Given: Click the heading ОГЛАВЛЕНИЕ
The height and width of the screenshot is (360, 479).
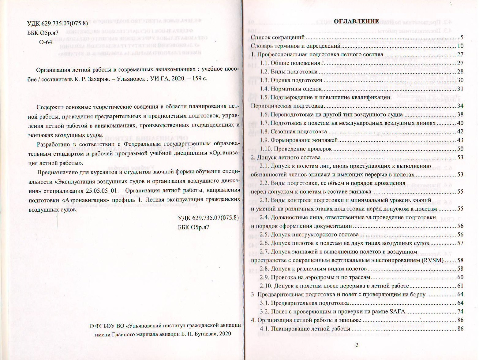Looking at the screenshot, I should point(356,21).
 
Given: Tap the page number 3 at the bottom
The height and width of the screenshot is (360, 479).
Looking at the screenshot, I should point(357,345).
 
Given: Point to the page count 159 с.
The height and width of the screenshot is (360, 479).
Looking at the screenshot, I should point(197,78).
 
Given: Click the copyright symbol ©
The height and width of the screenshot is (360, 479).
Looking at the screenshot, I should point(91,326).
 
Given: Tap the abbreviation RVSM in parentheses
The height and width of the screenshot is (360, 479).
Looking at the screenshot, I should point(432,260).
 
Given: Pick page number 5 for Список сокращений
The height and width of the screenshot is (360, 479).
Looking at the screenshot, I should point(462,37).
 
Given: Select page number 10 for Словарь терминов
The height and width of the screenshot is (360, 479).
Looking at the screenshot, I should point(460,46).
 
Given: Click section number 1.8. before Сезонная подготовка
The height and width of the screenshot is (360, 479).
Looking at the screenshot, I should point(264,132).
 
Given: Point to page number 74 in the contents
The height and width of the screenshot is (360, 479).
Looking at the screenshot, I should point(460,312).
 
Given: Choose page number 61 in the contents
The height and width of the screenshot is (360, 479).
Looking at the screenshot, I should point(460,286).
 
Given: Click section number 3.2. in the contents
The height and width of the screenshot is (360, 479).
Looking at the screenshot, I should point(264,312).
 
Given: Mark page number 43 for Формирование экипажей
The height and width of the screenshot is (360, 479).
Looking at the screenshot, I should point(460,140).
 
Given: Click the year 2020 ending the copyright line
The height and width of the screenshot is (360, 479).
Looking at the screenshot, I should point(225,334).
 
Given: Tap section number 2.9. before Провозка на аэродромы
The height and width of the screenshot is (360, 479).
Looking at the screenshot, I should point(264,277).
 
